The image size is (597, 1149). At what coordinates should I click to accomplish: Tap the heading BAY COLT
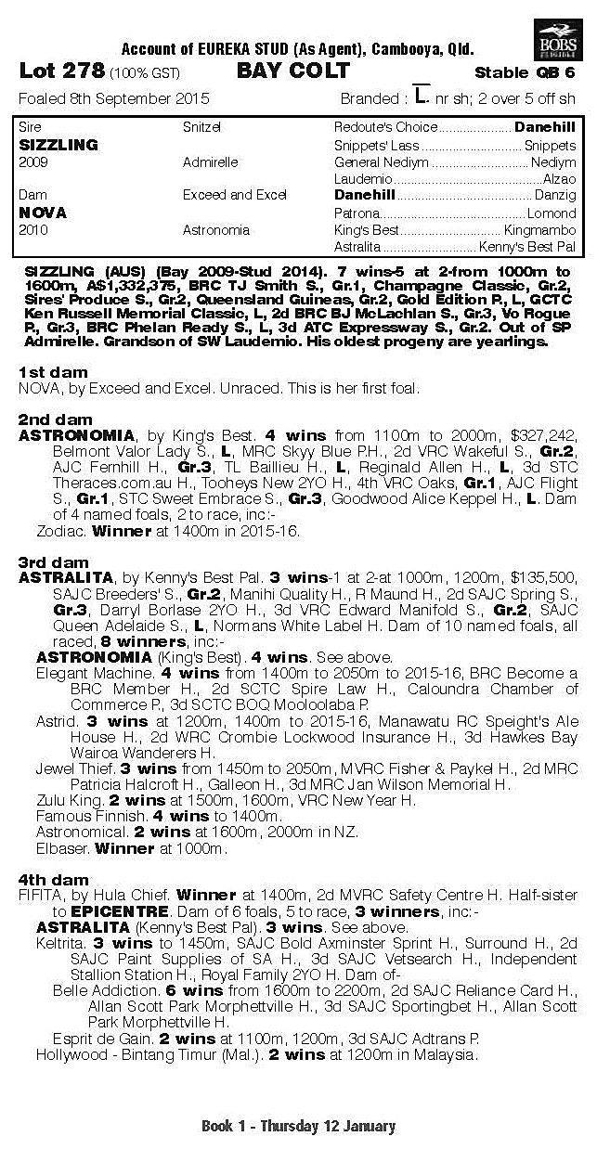tap(292, 71)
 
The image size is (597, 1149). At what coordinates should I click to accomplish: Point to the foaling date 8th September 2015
tap(114, 98)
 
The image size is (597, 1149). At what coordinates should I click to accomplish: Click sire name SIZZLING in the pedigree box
tap(58, 146)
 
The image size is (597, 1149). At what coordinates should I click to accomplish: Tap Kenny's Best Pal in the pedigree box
tap(526, 247)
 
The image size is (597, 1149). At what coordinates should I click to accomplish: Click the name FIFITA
tap(42, 897)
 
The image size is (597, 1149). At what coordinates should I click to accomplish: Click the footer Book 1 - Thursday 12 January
tap(298, 1127)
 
